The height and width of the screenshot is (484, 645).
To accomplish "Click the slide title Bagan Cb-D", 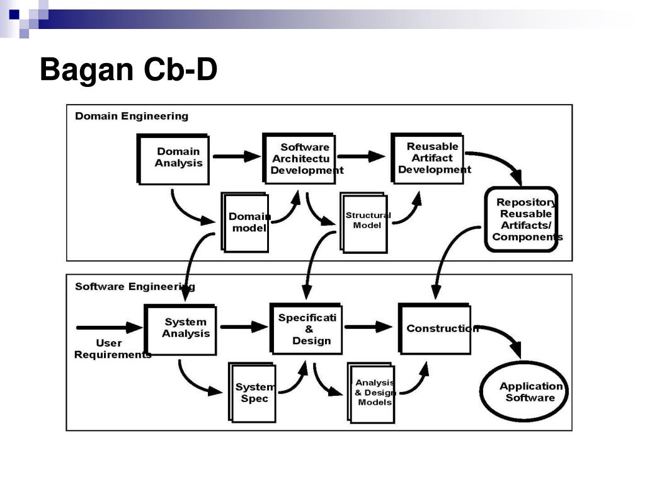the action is click(128, 69).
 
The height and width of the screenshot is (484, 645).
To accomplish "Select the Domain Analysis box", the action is click(173, 159).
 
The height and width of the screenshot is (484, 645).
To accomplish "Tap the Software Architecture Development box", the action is click(299, 158).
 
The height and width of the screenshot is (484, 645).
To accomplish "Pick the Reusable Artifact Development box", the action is click(428, 158).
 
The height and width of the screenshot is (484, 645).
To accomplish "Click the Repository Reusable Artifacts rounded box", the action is click(521, 219).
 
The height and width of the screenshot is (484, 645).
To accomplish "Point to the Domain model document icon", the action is click(245, 222).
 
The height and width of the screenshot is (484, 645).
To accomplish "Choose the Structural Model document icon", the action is click(364, 222).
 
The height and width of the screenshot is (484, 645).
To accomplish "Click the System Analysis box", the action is click(180, 330).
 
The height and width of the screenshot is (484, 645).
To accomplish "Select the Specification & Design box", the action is click(305, 329).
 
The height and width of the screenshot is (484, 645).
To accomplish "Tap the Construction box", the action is click(435, 329).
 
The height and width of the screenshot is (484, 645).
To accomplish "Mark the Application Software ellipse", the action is click(523, 391).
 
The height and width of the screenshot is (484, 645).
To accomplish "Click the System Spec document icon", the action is click(252, 393).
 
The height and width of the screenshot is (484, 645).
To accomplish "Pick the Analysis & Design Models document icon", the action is click(371, 393).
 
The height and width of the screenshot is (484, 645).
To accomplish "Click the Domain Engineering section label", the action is click(132, 116).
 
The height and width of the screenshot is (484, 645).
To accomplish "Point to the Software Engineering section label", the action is click(135, 287).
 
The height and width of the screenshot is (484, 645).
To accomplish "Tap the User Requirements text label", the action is click(112, 349).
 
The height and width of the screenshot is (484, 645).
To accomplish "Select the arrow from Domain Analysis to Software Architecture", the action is click(237, 156).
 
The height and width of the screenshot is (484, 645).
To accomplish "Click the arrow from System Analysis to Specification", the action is click(244, 327).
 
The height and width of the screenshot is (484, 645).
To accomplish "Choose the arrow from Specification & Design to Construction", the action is click(368, 327).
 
